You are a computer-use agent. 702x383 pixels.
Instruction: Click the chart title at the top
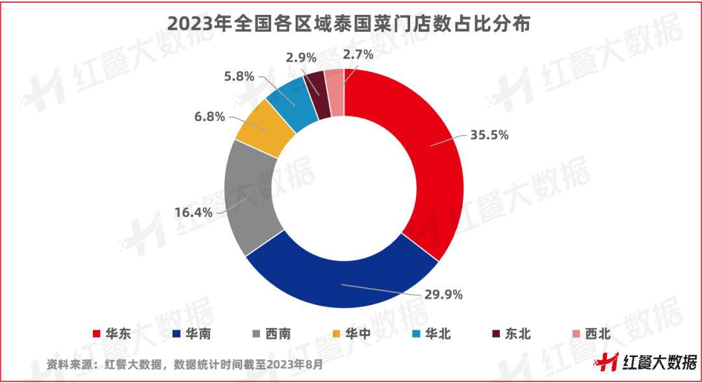[349, 23]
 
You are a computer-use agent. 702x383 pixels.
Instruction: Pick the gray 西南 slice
[250, 195]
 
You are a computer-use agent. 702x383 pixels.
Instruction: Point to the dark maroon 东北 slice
[316, 95]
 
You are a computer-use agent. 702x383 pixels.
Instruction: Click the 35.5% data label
[489, 135]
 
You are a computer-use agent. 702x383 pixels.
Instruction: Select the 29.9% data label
[444, 295]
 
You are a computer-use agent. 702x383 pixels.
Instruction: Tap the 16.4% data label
[193, 212]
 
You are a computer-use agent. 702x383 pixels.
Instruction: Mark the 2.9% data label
[302, 57]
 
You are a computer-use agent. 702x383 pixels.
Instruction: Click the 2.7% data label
[358, 55]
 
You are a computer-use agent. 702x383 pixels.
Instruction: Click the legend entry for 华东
[112, 334]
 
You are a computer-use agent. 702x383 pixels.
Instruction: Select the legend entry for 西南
[272, 334]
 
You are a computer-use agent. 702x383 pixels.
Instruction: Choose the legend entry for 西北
[590, 334]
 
